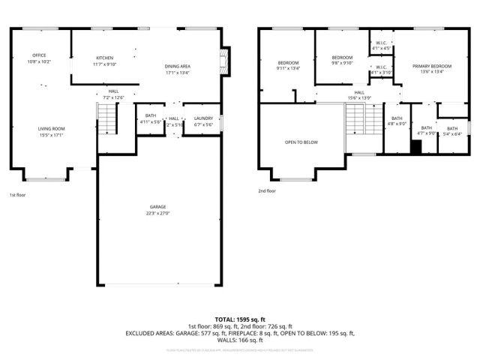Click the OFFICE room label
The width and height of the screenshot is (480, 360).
39,55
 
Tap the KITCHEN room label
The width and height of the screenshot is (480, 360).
104,58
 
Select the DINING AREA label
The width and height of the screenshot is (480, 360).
177,67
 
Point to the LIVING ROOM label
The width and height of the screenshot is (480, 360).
52,129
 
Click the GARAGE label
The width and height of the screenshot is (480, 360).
157,206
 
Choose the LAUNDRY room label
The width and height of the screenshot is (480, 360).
203,118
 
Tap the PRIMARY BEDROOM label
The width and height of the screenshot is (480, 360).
427,67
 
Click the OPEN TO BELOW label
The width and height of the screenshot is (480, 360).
301,142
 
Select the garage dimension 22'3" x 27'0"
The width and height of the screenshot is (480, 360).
157,212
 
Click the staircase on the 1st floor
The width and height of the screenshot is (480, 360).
109,118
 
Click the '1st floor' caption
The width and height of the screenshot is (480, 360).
18,195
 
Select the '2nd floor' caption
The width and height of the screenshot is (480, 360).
266,190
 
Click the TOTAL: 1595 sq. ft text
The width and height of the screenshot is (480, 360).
240,319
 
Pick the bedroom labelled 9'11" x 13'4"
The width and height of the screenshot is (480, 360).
289,62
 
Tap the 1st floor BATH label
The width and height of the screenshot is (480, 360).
150,115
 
